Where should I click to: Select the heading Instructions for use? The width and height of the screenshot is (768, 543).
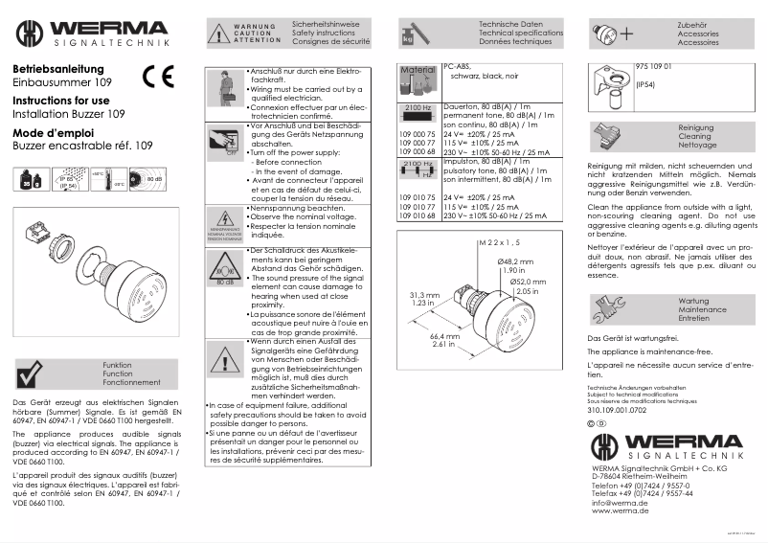pyautogui.click(x=60, y=101)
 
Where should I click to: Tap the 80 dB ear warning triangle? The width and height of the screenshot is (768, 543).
pyautogui.click(x=226, y=271)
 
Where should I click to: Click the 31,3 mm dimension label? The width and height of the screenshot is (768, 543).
pyautogui.click(x=423, y=295)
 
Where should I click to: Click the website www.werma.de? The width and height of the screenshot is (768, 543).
pyautogui.click(x=620, y=511)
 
